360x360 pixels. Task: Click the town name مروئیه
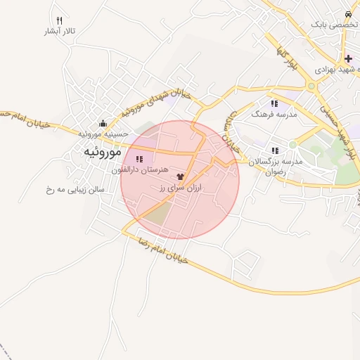click(x=103, y=152)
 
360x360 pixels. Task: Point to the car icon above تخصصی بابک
click(x=349, y=13)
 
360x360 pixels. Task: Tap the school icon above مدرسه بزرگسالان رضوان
click(x=275, y=150)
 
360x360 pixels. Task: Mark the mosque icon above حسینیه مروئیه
click(x=103, y=124)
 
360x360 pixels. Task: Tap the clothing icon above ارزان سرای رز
click(x=180, y=176)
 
